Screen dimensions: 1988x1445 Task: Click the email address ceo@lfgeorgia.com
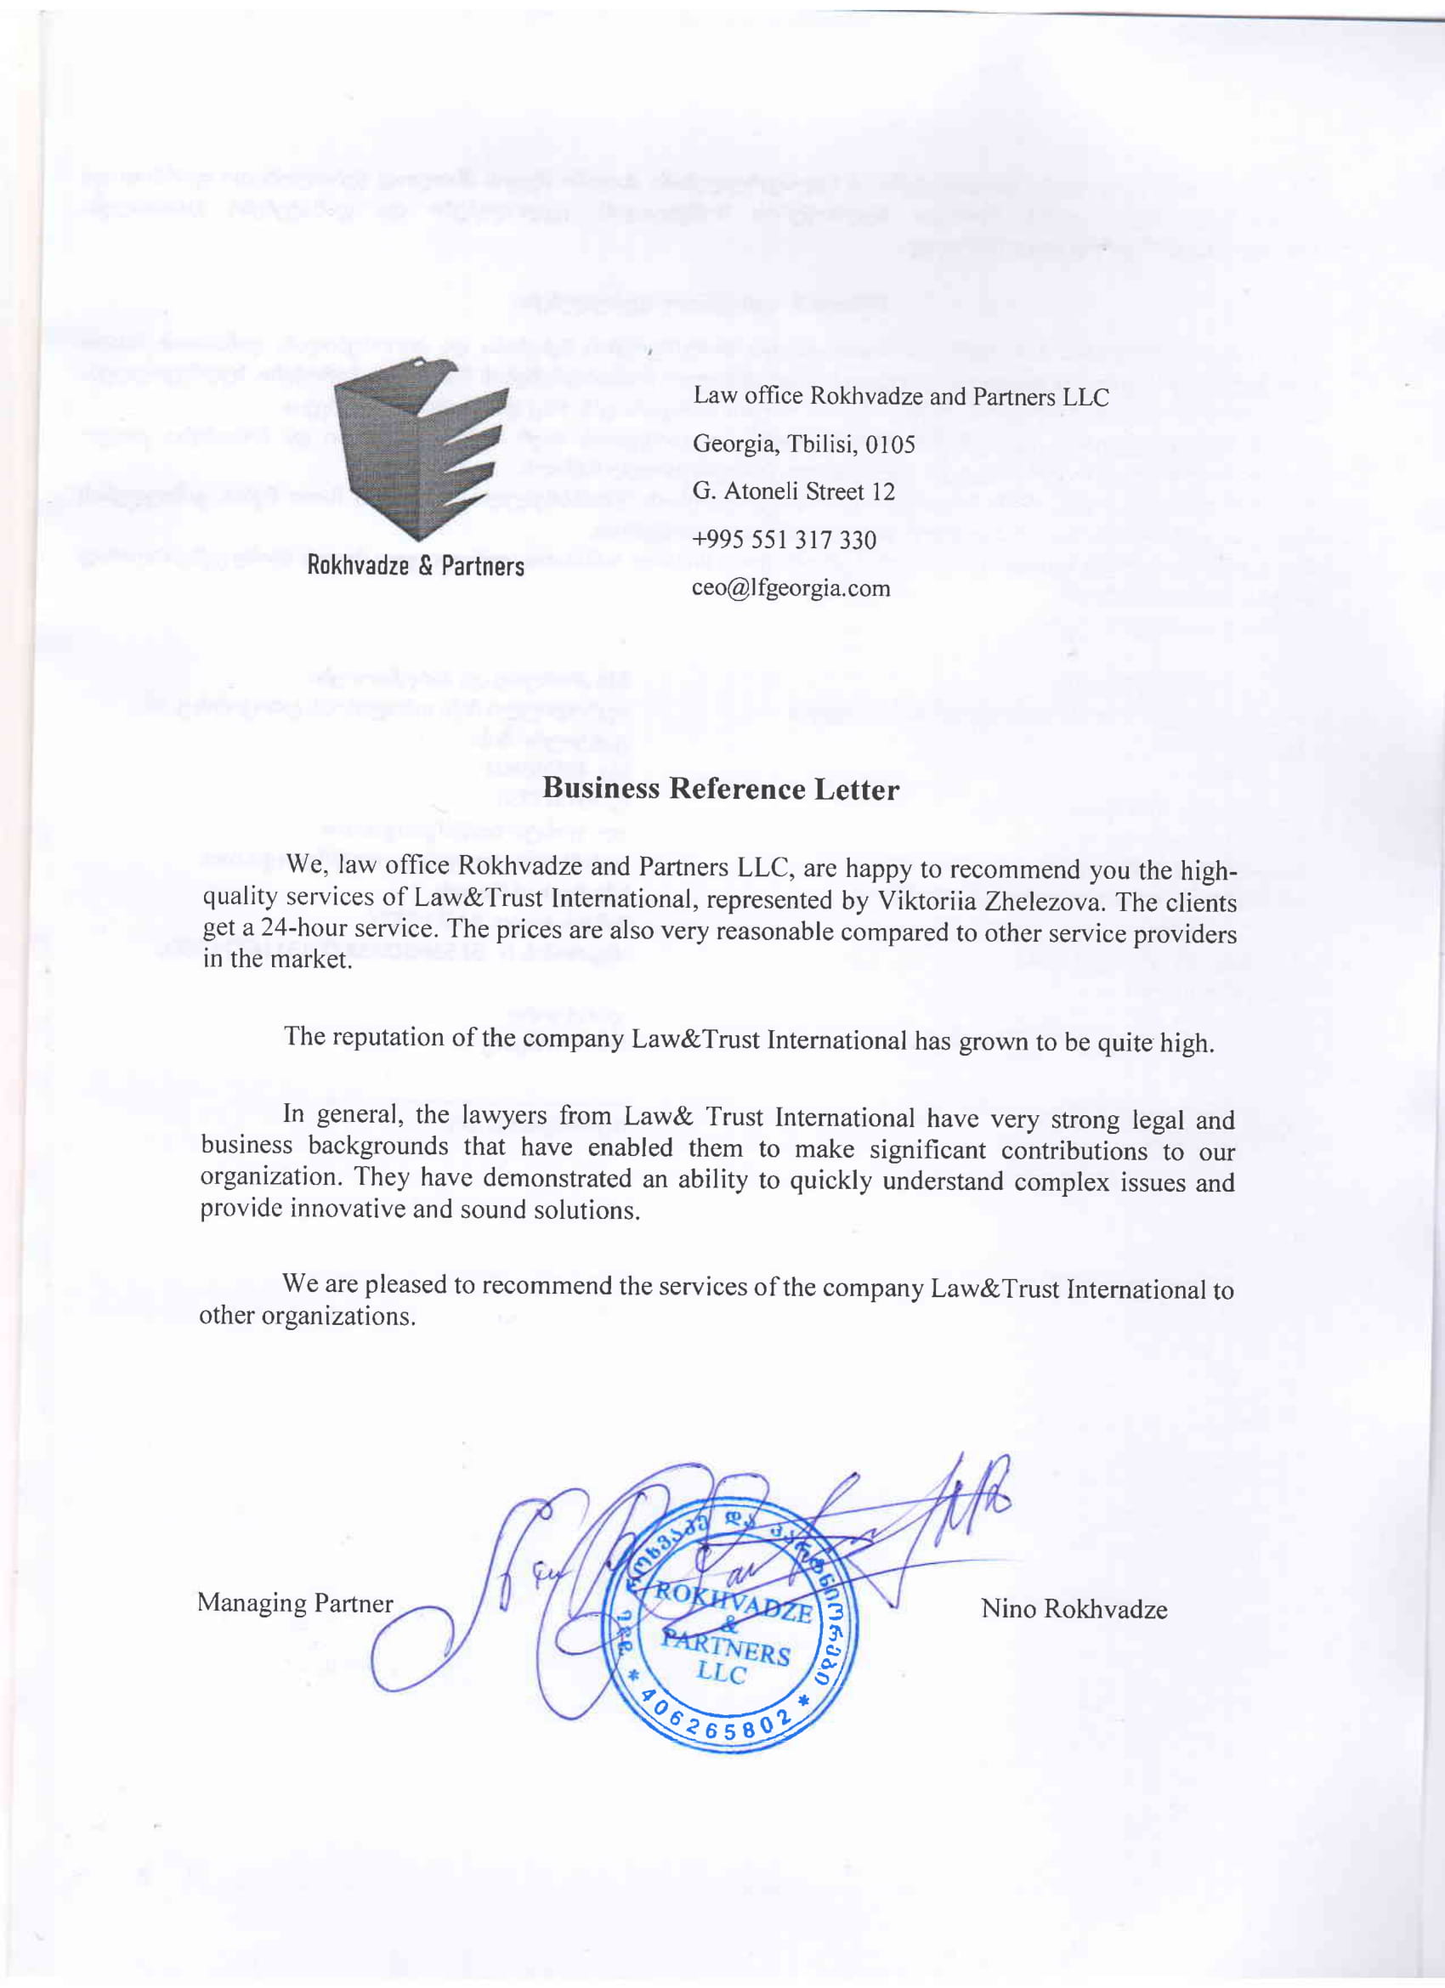click(x=790, y=588)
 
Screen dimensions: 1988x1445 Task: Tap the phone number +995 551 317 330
click(x=784, y=540)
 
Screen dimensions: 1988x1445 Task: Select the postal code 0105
click(x=890, y=445)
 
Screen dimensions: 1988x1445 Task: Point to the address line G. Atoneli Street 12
click(x=794, y=492)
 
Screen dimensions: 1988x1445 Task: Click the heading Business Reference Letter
click(x=721, y=789)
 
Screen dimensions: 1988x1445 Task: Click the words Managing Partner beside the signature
click(x=295, y=1602)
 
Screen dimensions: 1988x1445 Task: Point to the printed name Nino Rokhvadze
click(x=1074, y=1609)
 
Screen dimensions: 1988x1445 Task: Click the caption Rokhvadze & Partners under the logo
click(x=416, y=566)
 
